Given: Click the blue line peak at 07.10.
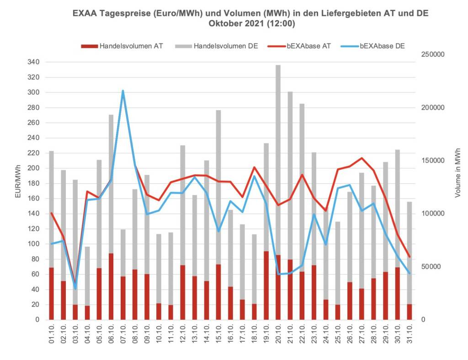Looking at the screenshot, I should pyautogui.click(x=122, y=91).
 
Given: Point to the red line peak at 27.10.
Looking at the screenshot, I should pyautogui.click(x=362, y=158).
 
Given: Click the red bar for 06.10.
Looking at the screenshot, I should pyautogui.click(x=111, y=286).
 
